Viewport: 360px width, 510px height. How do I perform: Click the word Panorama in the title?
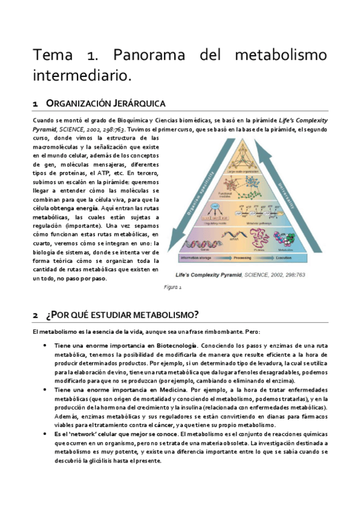pyautogui.click(x=144, y=55)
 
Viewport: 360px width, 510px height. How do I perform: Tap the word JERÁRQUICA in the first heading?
pyautogui.click(x=135, y=104)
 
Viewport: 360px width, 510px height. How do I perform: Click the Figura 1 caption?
pyautogui.click(x=173, y=287)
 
